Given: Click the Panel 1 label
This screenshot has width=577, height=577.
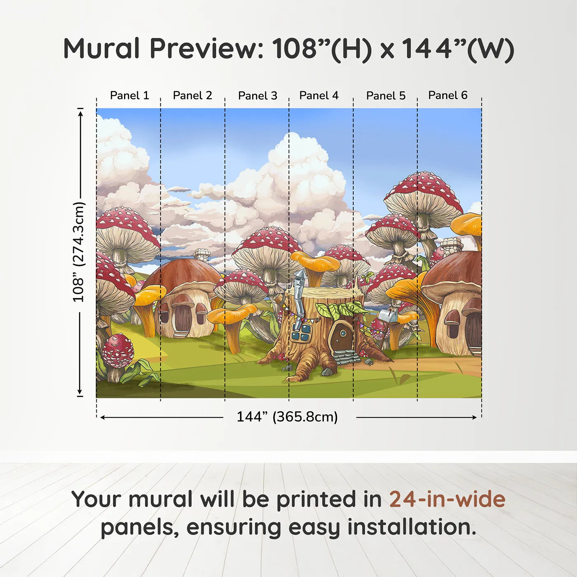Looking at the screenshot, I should coord(129,96).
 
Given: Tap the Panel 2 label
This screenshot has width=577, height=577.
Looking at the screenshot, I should coord(192,96).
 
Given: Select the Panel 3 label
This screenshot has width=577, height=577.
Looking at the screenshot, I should coord(258,96).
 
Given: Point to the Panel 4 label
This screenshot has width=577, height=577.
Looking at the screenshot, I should coord(319,96).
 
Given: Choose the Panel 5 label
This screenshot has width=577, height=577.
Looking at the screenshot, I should coord(386,96).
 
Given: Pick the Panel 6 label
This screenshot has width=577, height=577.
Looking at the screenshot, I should coord(448,96).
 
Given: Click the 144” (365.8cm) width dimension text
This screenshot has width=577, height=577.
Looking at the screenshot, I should coord(287,417).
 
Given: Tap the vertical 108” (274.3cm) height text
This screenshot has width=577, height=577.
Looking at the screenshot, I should coord(78,252).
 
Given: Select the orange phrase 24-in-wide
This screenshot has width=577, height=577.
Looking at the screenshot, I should coord(447,500).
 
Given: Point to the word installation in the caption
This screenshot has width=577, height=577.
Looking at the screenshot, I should coord(411,527).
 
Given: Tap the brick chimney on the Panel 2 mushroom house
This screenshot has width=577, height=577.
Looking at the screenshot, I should coord(202,254).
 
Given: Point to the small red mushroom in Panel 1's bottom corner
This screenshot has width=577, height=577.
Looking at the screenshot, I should coord(118,351).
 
